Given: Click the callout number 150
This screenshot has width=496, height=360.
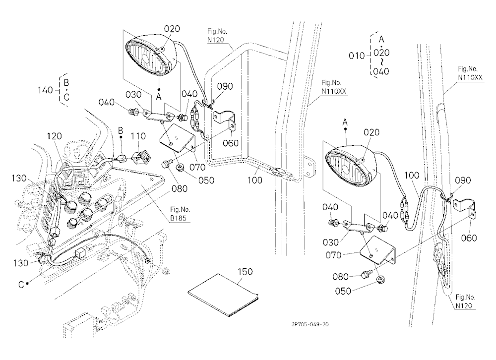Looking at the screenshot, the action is (x=245, y=272).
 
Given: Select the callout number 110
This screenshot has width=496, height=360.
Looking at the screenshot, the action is (x=138, y=136).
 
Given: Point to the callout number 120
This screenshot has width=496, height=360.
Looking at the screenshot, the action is (x=55, y=136).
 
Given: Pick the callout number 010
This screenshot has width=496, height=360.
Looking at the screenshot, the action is (x=357, y=56).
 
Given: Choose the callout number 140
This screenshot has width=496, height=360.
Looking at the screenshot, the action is (x=45, y=90).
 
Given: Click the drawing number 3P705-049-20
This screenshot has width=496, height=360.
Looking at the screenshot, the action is (x=310, y=324).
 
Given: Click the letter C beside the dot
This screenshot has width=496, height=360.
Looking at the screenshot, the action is (x=21, y=285).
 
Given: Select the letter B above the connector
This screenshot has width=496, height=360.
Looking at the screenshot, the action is (x=121, y=130).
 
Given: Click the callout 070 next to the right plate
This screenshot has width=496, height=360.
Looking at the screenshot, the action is (x=333, y=255).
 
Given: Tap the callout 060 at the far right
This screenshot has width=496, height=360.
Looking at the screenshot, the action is (x=469, y=238).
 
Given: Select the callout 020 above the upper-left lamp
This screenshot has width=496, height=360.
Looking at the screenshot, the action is (x=172, y=29).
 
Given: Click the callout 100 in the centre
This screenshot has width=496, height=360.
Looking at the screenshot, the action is (x=254, y=180).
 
